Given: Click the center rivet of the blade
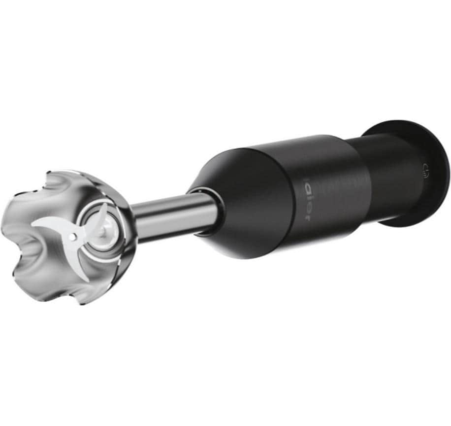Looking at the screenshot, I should point(73,237).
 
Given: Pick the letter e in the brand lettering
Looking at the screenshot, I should point(306,209).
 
